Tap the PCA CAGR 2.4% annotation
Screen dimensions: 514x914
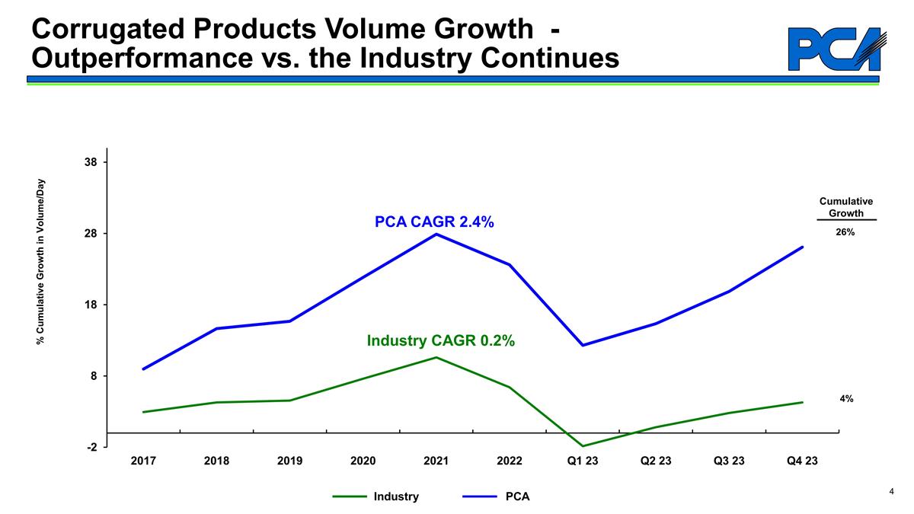pyautogui.click(x=434, y=222)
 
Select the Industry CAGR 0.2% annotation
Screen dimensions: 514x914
pyautogui.click(x=441, y=341)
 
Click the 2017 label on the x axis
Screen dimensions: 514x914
pyautogui.click(x=143, y=461)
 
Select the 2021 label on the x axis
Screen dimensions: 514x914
pyautogui.click(x=436, y=461)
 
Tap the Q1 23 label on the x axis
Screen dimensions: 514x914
pyautogui.click(x=583, y=461)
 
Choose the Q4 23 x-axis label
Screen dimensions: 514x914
pyautogui.click(x=802, y=461)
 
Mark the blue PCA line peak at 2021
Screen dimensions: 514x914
pyautogui.click(x=436, y=234)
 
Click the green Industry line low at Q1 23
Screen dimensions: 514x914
pyautogui.click(x=583, y=445)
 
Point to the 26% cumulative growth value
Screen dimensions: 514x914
pyautogui.click(x=845, y=232)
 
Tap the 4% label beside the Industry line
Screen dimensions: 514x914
pyautogui.click(x=846, y=398)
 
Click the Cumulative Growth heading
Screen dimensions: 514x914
pyautogui.click(x=845, y=207)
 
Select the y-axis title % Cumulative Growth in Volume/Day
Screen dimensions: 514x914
pyautogui.click(x=42, y=261)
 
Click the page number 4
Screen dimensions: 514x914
pyautogui.click(x=891, y=492)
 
